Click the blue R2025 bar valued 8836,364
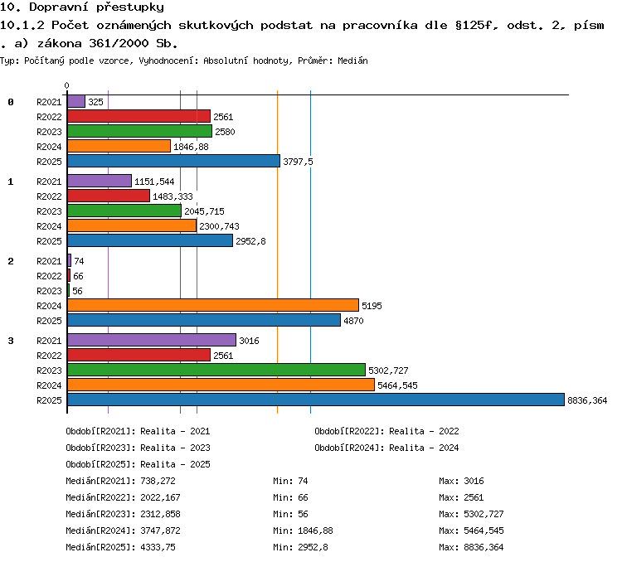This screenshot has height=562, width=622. coord(316,400)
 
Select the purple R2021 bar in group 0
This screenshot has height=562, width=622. coord(76,101)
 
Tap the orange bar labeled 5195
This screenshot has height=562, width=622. coord(213,305)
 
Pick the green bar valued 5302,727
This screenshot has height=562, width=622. coord(216,370)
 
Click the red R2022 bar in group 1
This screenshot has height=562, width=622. coord(109,196)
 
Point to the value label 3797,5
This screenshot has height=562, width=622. coord(298,162)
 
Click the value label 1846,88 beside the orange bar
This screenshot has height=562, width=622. coord(191,147)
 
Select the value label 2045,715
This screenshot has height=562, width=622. coord(204,211)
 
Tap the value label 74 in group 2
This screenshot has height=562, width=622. coord(79,261)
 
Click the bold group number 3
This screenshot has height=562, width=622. coord(11,341)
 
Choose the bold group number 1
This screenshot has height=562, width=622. coord(11,182)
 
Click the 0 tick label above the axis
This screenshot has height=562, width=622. coord(66,85)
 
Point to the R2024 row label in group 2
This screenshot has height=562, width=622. coord(49,306)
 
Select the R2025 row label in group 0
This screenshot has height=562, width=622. coord(49,162)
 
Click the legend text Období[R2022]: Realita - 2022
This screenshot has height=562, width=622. coord(386,431)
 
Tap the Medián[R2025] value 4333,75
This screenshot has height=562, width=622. coord(158,547)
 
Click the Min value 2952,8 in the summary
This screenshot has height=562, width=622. coord(313,547)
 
